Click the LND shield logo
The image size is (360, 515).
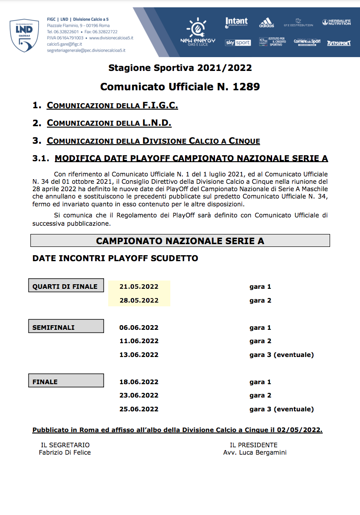coord(24,35)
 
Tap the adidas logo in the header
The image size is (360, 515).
coord(266,23)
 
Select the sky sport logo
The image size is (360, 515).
coord(238,42)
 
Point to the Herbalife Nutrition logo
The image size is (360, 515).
coord(337,22)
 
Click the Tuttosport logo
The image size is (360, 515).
coord(338,43)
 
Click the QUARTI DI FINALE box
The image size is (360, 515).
coord(66,287)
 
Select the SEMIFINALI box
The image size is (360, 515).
coord(66,328)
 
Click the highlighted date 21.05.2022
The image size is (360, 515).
coord(139,287)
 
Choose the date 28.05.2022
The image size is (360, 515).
coord(139,300)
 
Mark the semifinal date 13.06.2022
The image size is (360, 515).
coord(139,355)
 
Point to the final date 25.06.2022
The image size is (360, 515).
coord(139,409)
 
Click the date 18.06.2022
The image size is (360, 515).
coord(139,382)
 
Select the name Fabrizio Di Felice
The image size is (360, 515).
coord(65,452)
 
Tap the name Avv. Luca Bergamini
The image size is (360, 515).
coord(255,452)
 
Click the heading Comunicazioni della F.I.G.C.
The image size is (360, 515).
coord(112,105)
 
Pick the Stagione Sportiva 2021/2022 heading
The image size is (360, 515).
coord(180,68)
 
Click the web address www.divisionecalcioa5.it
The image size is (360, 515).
coord(111,38)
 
